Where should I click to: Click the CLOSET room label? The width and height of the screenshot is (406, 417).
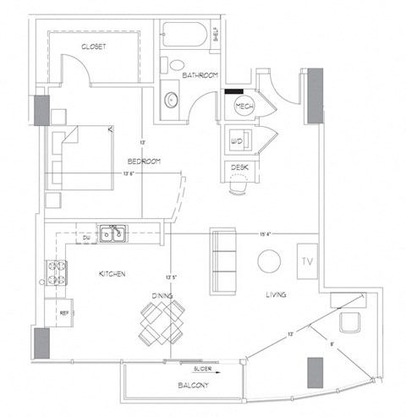93,47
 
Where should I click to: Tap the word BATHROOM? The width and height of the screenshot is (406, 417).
202,74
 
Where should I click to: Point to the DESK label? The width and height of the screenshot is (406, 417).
239,167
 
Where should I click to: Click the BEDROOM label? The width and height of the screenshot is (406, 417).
145,162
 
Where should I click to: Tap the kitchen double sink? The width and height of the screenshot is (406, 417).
112,233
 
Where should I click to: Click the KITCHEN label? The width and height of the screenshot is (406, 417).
112,275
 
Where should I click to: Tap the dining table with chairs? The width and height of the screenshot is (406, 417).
162,324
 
